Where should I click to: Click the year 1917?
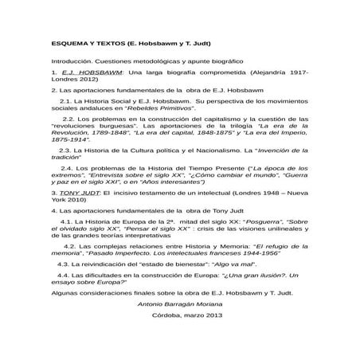click(x=295, y=72)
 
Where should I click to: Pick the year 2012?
click(x=88, y=80)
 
